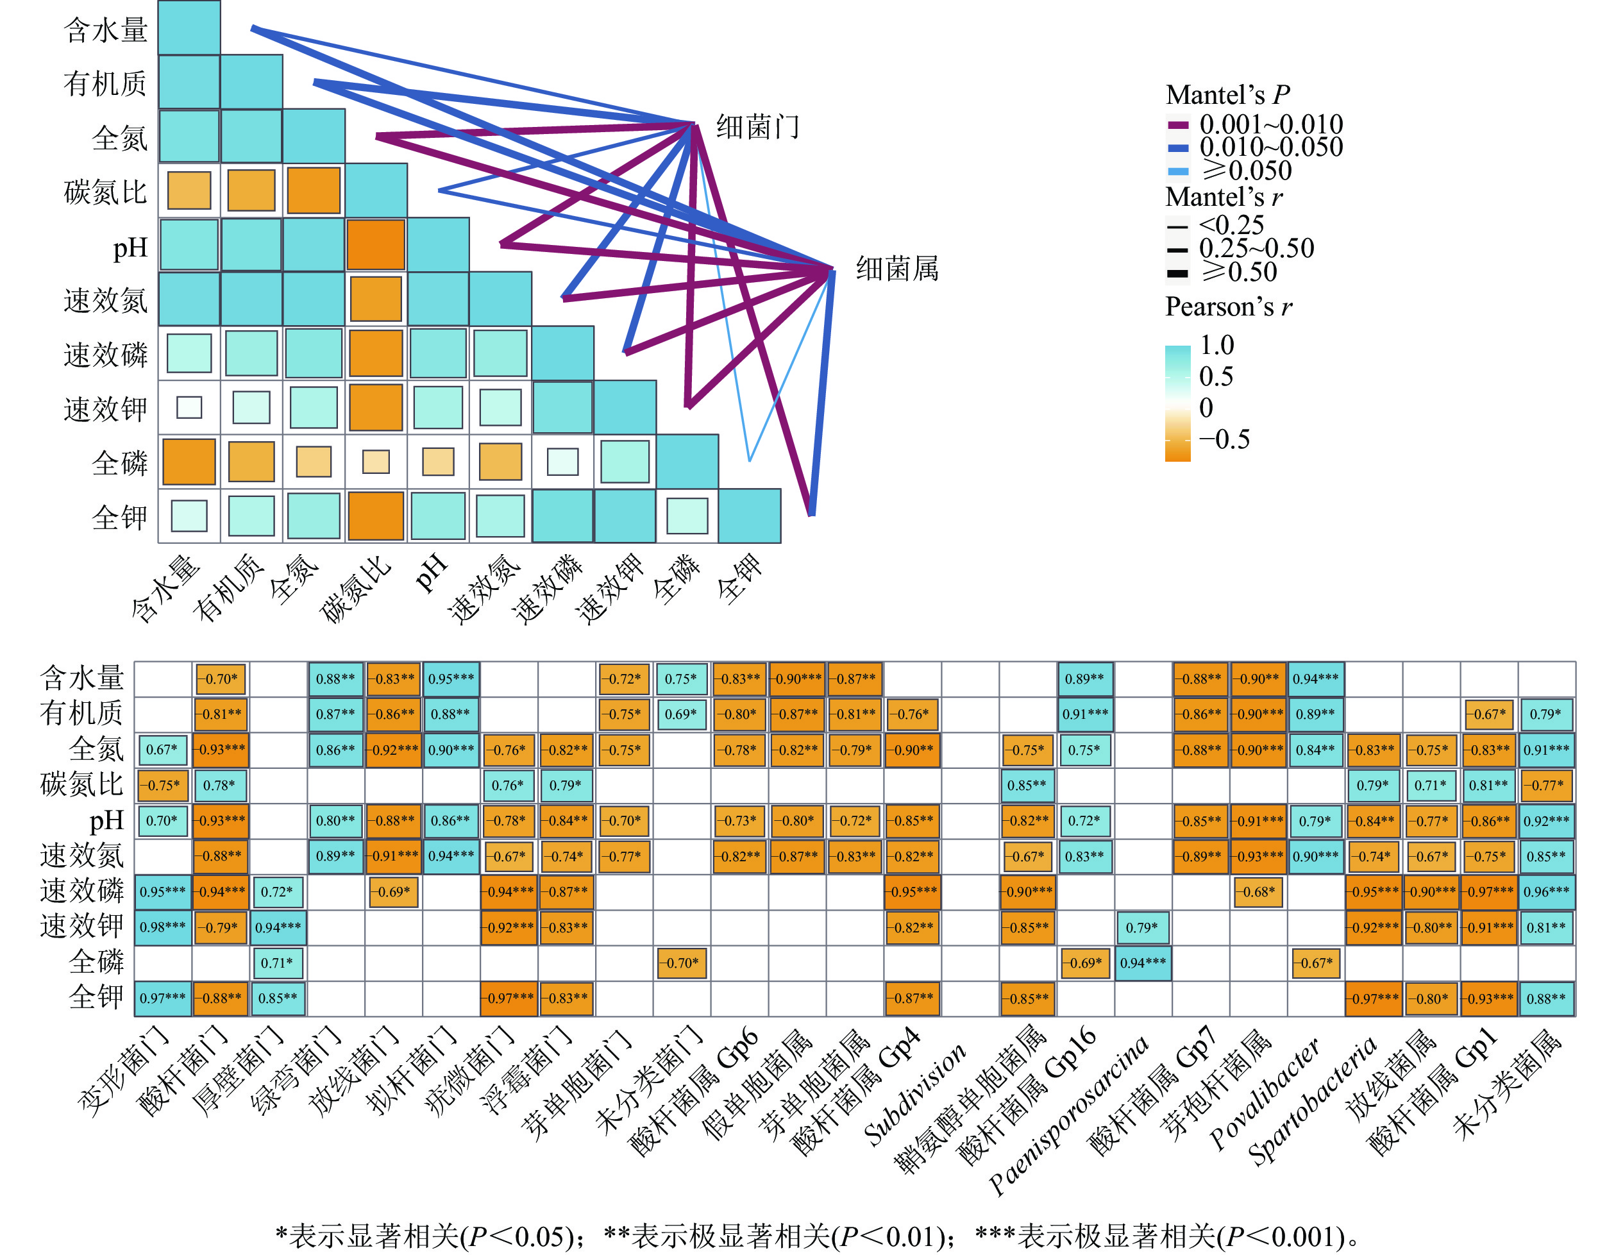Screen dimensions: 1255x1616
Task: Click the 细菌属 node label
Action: coord(896,268)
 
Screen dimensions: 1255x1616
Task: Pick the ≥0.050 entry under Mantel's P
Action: coord(1247,171)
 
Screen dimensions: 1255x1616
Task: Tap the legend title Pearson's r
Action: coord(1228,307)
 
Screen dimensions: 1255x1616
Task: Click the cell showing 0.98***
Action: coord(163,927)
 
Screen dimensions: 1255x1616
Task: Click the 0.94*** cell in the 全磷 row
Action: coord(1143,963)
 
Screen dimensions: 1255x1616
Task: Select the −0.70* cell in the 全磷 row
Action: coord(682,963)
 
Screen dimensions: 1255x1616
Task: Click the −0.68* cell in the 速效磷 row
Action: coord(1258,891)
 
